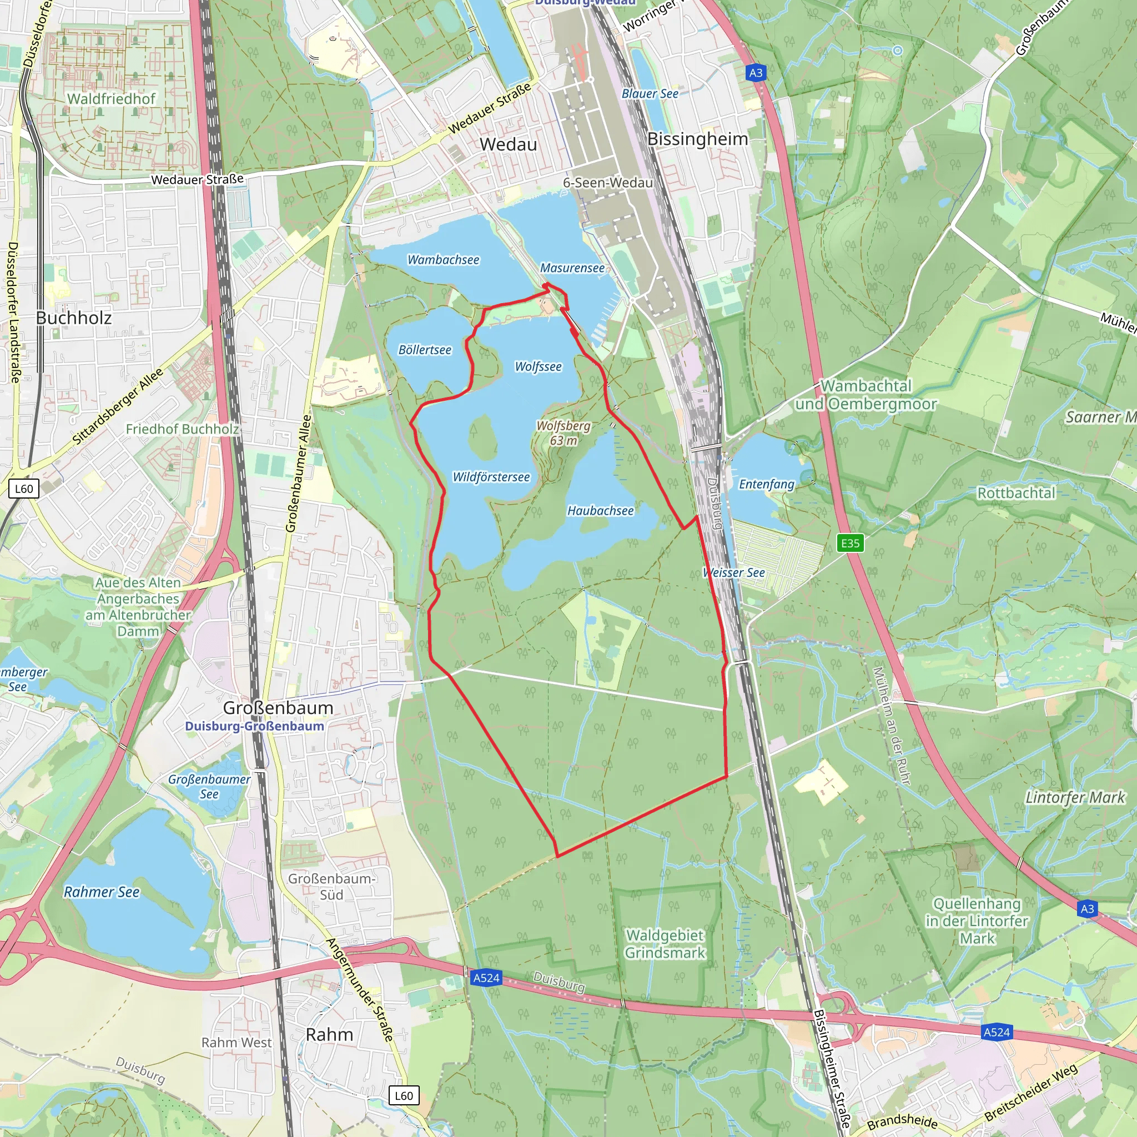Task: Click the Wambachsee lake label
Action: (443, 259)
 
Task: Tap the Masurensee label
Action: (572, 268)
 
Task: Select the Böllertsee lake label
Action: (424, 350)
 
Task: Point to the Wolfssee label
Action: (538, 366)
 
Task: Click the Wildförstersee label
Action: (491, 477)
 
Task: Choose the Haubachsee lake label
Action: (600, 510)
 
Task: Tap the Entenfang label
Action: (766, 484)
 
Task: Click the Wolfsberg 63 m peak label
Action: (563, 432)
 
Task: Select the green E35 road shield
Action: (850, 542)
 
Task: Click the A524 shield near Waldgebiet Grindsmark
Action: (486, 978)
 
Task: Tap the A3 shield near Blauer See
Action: (756, 73)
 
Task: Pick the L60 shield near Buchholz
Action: (24, 489)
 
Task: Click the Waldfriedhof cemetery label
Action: (111, 99)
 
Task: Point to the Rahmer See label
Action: (101, 892)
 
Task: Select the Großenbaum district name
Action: (278, 707)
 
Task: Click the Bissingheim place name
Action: (697, 139)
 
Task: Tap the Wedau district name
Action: (508, 144)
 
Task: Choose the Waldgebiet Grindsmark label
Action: (665, 943)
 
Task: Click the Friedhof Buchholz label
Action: (183, 429)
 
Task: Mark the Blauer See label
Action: (650, 94)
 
